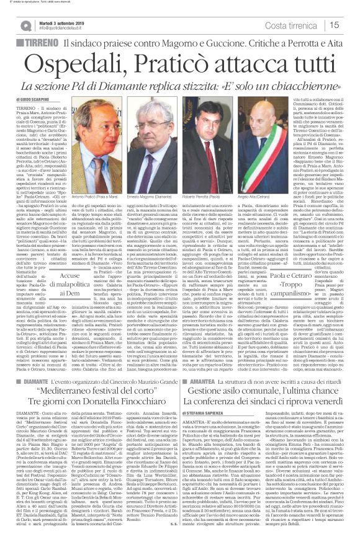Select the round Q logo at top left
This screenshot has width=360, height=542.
point(24,24)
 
